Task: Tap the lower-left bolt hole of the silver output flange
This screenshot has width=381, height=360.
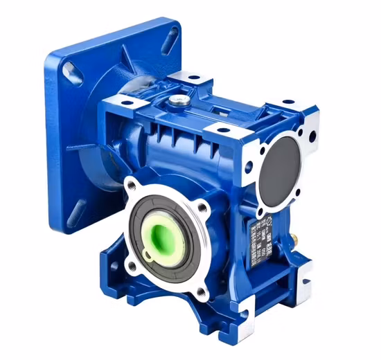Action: (131, 266)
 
